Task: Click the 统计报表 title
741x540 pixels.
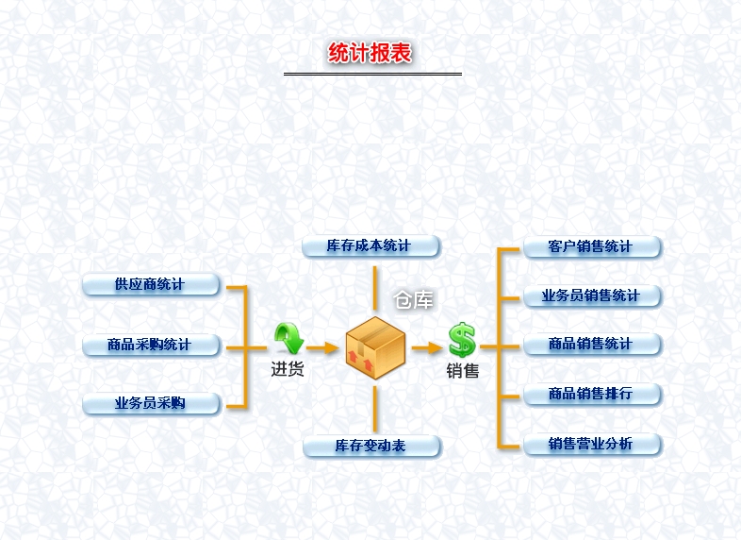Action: point(370,53)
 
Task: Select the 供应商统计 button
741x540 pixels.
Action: point(151,284)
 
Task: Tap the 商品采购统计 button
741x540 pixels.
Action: point(151,345)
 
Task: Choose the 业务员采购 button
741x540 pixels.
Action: point(151,404)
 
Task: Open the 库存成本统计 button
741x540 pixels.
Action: point(370,245)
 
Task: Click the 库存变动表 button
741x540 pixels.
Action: point(370,446)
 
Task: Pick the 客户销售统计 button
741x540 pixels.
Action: point(592,246)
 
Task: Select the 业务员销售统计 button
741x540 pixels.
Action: point(592,295)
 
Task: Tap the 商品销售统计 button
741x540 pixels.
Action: point(592,345)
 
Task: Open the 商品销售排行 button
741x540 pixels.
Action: point(592,394)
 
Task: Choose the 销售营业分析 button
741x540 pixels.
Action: point(592,444)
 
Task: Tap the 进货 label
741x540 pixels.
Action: point(288,370)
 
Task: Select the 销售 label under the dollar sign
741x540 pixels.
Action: point(462,371)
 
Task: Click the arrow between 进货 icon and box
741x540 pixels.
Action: point(321,347)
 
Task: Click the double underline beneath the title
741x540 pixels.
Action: point(372,74)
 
